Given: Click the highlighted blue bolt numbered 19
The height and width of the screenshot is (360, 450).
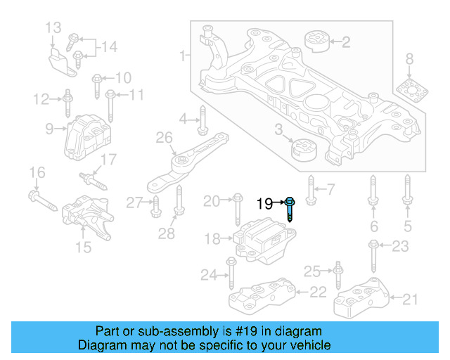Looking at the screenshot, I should pos(290,209).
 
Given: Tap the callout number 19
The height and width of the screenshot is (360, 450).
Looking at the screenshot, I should pos(264,204).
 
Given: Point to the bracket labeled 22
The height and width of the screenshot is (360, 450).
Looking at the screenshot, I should pos(259,296).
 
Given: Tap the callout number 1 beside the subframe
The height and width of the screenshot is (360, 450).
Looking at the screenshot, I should pos(184,55).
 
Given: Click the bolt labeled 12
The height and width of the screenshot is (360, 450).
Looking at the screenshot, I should pos(67,103).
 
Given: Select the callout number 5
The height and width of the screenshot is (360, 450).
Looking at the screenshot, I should pos(407,226).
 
